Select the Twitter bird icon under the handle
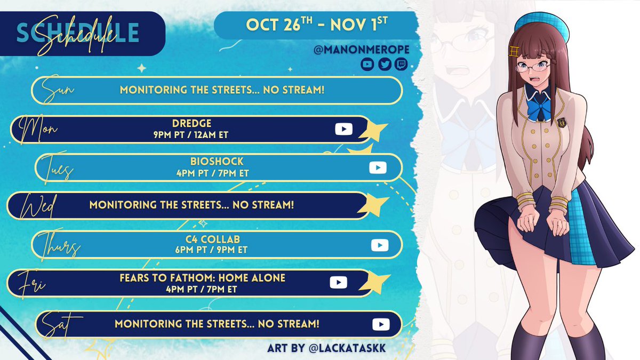[385, 65]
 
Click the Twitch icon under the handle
[401, 65]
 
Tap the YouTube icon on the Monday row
[343, 129]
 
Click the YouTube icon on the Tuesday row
[378, 167]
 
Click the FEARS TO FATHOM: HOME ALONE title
[202, 278]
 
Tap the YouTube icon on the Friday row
[339, 283]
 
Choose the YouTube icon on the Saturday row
[381, 324]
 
